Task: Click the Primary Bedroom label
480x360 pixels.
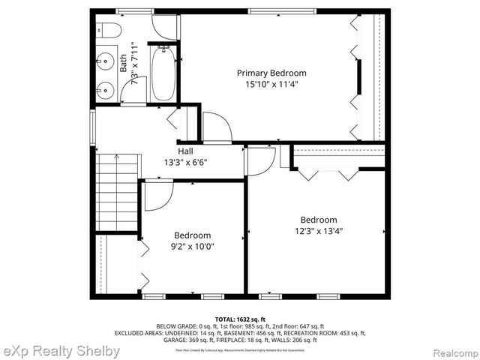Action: [271, 73]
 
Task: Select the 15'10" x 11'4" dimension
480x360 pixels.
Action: [271, 85]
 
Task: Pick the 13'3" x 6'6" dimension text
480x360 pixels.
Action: [186, 162]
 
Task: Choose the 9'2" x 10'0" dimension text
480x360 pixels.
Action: [193, 246]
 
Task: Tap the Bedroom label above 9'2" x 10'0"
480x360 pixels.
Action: [193, 235]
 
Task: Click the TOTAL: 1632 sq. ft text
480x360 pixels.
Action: [240, 319]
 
